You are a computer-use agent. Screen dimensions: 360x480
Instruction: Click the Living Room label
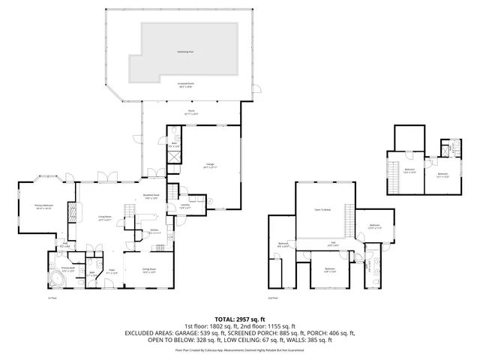pos(104,220)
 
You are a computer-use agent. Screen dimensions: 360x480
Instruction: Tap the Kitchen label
pos(154,231)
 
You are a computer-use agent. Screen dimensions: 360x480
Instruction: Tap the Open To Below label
pos(324,211)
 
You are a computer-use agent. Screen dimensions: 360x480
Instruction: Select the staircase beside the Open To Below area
pos(349,220)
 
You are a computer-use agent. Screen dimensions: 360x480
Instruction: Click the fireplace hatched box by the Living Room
pos(71,212)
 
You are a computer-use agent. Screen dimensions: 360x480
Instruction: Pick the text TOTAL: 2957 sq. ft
pos(240,318)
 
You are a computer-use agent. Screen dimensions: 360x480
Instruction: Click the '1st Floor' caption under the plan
pos(52,298)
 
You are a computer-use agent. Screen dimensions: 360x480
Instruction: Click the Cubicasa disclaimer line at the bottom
pos(240,349)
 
